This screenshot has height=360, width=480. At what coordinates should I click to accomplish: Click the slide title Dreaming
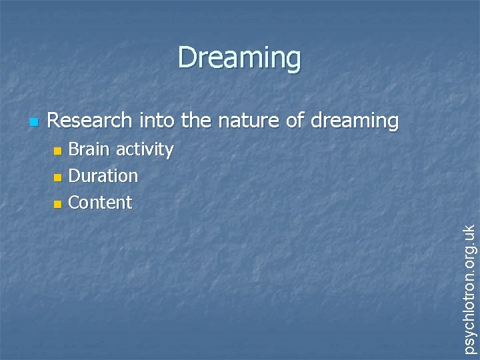point(239,58)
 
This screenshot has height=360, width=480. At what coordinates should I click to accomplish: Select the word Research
point(91,121)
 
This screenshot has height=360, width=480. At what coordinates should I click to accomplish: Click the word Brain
point(90,149)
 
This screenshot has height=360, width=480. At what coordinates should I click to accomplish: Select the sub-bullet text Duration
point(103,176)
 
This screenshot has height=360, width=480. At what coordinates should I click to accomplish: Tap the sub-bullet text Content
point(100,202)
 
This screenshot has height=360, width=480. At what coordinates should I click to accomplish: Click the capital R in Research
point(54,121)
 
